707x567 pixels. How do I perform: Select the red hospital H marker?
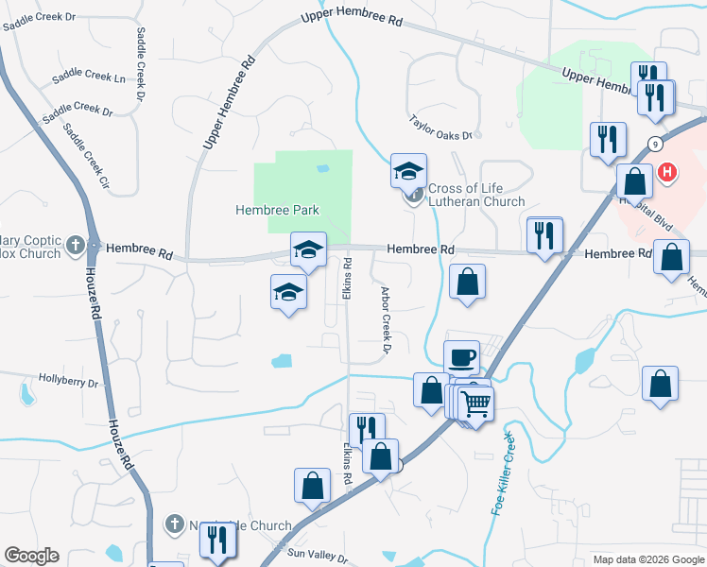[x=668, y=172]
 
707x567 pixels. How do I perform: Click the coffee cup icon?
[x=461, y=358]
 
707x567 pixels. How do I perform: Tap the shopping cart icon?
[x=477, y=404]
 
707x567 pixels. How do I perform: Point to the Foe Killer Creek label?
[x=503, y=472]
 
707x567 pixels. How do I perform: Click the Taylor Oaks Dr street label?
[x=440, y=129]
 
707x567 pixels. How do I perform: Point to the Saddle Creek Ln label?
[x=89, y=77]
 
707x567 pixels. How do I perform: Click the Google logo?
[x=31, y=556]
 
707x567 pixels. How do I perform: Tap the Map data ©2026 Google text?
[x=648, y=559]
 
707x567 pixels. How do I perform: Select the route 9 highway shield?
[x=654, y=143]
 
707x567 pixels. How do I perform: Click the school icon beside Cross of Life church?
[x=408, y=170]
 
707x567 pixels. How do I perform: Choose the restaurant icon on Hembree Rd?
[x=544, y=235]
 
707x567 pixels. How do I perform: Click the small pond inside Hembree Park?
[x=323, y=168]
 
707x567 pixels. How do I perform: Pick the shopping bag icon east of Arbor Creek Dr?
[x=467, y=282]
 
